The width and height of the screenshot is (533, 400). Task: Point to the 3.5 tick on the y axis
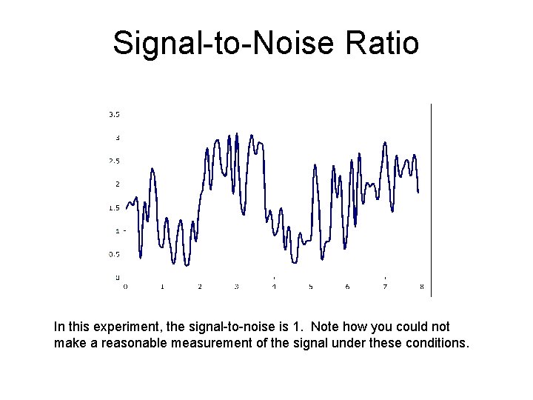point(115,114)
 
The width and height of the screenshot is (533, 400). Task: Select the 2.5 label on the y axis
point(115,161)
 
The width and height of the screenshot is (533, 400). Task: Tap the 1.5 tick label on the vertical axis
point(115,207)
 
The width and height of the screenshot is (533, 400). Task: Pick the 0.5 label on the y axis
point(115,254)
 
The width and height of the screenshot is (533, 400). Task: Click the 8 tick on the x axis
point(421,286)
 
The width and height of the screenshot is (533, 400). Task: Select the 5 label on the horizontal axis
point(311,286)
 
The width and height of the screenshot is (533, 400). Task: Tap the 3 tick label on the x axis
point(236,286)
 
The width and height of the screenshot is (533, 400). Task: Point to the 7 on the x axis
point(384,286)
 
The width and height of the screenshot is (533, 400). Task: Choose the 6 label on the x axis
point(347,286)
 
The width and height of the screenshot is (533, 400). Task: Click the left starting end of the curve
point(126,208)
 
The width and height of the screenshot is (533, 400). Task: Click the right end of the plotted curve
point(418,192)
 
